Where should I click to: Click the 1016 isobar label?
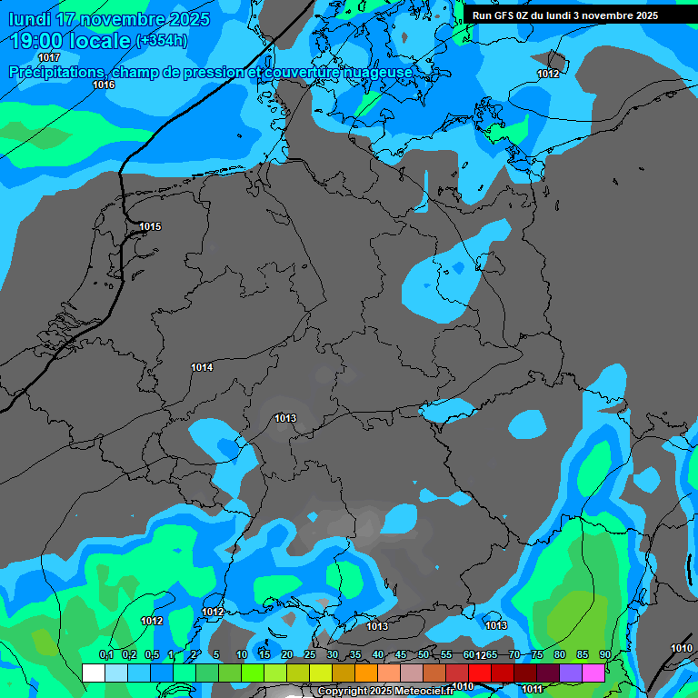point(104,85)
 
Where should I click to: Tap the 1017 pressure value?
point(49,134)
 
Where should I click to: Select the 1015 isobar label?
point(150,226)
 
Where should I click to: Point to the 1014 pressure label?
point(202,367)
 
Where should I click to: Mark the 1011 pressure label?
point(532,690)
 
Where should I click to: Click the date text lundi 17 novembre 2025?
point(109,19)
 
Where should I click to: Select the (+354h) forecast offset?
point(162,41)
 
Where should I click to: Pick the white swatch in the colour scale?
point(94,673)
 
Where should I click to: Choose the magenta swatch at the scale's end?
point(593,673)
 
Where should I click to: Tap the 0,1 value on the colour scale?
point(105,654)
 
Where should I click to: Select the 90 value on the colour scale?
point(605,654)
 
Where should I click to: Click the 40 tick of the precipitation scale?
point(378,654)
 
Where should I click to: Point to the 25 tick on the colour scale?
point(310,654)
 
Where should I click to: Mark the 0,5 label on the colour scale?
point(151,654)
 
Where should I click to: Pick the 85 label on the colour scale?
point(583,654)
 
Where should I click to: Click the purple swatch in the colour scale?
point(571,673)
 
